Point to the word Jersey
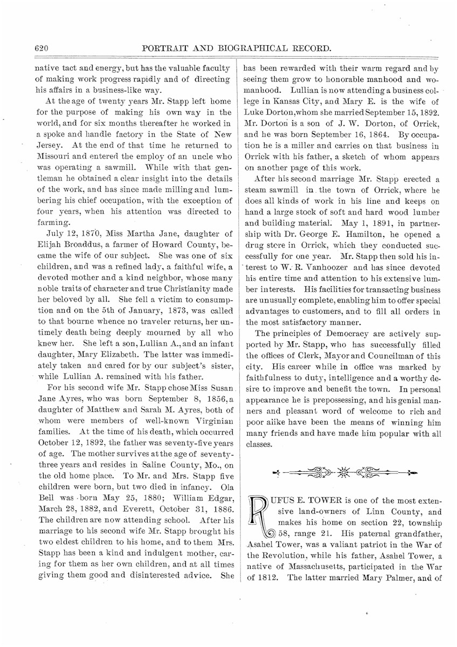(x=48, y=145)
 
